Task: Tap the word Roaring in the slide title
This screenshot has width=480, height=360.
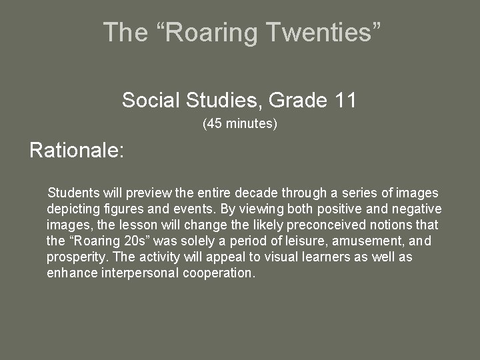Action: point(214,32)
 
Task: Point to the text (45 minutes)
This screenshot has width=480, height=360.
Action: point(239,123)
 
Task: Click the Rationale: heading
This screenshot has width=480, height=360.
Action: point(77,150)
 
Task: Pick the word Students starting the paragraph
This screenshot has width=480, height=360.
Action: point(72,193)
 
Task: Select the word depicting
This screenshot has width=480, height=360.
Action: point(72,209)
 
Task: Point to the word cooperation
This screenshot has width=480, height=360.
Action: point(221,273)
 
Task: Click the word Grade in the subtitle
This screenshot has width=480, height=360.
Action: point(297,101)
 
